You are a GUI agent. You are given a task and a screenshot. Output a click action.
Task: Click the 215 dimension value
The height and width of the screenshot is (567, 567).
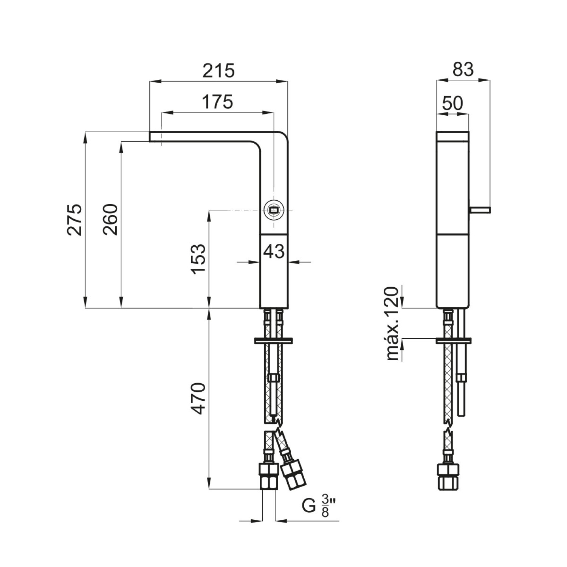coord(218,71)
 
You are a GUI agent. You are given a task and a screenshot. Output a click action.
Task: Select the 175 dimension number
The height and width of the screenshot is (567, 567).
coord(217,102)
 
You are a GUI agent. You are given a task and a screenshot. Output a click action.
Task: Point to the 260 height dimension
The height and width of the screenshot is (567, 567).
coord(111,220)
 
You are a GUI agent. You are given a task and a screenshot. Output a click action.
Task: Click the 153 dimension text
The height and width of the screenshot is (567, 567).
coord(198,259)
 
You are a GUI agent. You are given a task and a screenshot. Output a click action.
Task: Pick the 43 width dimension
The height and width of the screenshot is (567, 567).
coord(274,251)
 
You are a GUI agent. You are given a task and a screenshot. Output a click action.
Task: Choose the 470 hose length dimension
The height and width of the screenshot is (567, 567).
coord(198,398)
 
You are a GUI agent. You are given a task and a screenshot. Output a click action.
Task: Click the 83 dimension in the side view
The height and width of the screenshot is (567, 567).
coord(463,70)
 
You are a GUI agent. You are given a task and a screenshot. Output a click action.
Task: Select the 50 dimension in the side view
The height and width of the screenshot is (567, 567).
coord(452,103)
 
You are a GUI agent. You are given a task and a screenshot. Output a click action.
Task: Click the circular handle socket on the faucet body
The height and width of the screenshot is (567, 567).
coord(273,210)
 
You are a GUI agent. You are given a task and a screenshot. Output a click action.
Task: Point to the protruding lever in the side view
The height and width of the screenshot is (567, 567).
coord(480,210)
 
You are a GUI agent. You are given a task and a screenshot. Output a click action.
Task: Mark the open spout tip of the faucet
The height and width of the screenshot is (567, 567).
coord(150,136)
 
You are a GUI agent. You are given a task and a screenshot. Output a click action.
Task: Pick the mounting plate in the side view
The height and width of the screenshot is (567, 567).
coord(454,340)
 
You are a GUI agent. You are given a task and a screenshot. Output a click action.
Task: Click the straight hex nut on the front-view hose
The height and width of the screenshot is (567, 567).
coord(269,477)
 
